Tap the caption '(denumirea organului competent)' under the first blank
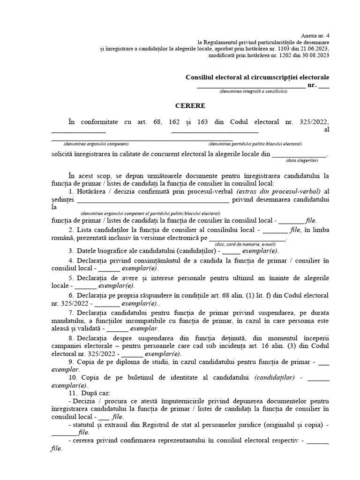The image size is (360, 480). [x=97, y=144]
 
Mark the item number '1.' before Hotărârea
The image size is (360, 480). [x=71, y=192]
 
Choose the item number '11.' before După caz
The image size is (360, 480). [x=73, y=393]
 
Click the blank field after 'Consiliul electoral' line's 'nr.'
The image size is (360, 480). [x=324, y=86]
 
